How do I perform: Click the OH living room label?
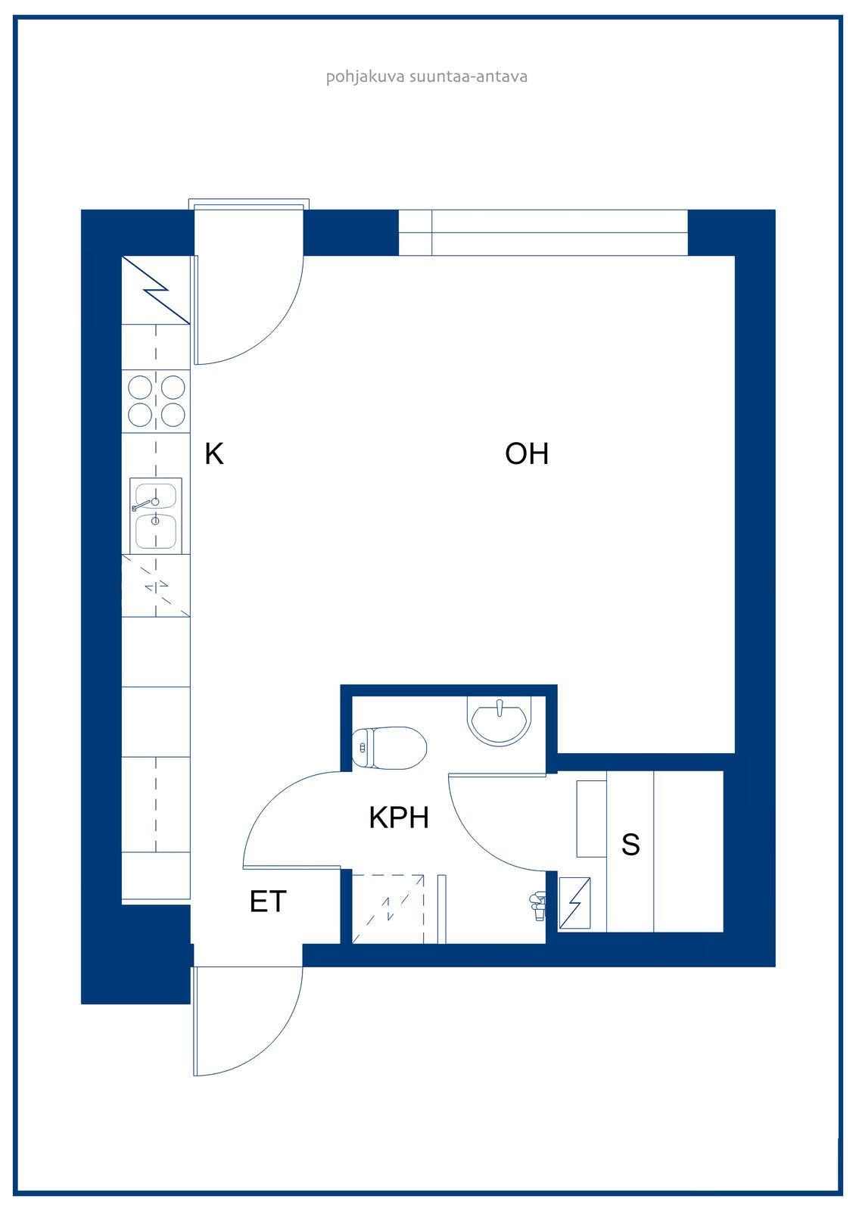pyautogui.click(x=526, y=453)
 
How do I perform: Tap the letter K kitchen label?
pyautogui.click(x=213, y=453)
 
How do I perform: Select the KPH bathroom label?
pyautogui.click(x=399, y=817)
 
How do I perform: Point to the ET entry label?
pyautogui.click(x=267, y=901)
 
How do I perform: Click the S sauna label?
pyautogui.click(x=630, y=844)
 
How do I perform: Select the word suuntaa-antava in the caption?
pyautogui.click(x=468, y=76)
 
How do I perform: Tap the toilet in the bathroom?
pyautogui.click(x=389, y=748)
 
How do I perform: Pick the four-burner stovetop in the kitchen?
pyautogui.click(x=156, y=400)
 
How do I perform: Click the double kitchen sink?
pyautogui.click(x=156, y=515)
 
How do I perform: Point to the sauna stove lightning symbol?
pyautogui.click(x=574, y=903)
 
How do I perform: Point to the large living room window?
pyautogui.click(x=543, y=232)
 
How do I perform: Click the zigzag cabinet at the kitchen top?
pyautogui.click(x=156, y=290)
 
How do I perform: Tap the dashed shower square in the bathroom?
pyautogui.click(x=388, y=909)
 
